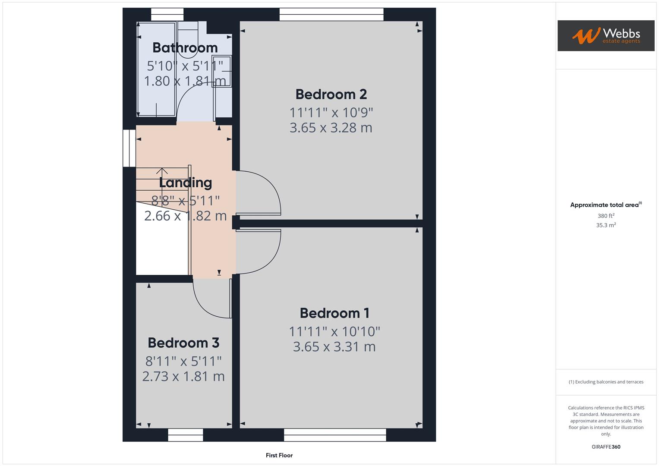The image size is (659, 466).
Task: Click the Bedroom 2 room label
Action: click(x=331, y=94)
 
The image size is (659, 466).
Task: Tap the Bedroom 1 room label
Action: click(x=334, y=313)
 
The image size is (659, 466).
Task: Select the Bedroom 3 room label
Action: click(x=183, y=343)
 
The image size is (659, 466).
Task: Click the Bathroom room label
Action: click(x=185, y=47)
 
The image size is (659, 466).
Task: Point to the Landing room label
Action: click(x=185, y=183)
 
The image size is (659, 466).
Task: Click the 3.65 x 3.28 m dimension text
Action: click(x=331, y=128)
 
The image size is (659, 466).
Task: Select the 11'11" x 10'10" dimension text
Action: click(x=334, y=331)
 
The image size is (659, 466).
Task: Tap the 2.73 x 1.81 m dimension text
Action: click(x=183, y=376)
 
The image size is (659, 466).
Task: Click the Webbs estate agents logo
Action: click(x=606, y=36)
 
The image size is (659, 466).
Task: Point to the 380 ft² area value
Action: click(x=606, y=216)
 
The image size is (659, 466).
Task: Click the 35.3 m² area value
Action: click(x=606, y=225)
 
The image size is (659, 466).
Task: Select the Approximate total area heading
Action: click(x=605, y=205)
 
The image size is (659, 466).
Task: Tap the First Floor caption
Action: click(x=279, y=455)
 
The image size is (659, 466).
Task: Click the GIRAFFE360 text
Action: click(x=606, y=447)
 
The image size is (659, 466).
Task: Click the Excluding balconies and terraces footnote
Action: click(x=606, y=382)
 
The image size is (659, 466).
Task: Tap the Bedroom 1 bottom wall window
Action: click(x=335, y=435)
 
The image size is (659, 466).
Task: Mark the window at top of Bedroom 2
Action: click(x=331, y=14)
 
